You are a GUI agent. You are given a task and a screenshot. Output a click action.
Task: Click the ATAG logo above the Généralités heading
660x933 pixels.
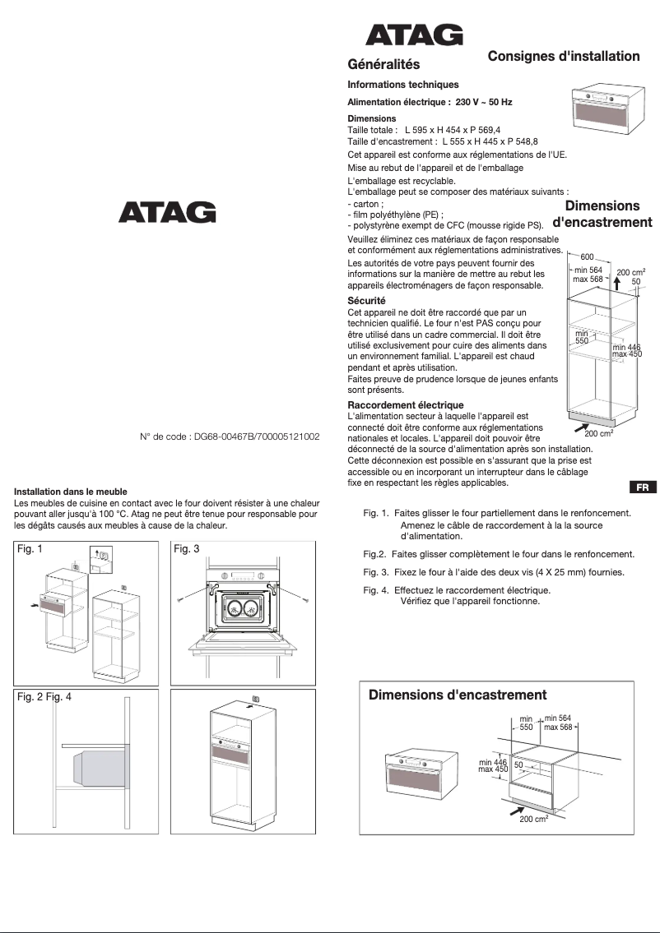coord(414,35)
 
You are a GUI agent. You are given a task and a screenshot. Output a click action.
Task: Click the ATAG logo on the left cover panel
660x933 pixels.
coord(167,212)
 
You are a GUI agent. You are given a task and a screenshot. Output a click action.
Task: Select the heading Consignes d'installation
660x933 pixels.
coord(563,56)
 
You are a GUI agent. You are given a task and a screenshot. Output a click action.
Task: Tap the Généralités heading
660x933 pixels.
coord(383,64)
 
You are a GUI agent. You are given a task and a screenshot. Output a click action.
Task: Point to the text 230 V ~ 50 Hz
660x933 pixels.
coord(484,102)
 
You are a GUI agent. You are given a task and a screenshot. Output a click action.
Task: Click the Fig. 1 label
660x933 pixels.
coord(30,549)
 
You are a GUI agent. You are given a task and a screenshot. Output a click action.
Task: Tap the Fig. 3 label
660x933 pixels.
coord(187,549)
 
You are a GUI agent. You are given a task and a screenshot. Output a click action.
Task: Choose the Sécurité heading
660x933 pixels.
coord(366,301)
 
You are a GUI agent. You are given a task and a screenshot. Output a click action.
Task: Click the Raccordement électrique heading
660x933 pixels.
coord(405,405)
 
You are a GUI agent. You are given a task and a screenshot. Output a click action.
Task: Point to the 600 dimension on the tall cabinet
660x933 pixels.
coord(587,257)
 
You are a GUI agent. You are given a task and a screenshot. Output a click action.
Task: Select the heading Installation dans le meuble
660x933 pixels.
coord(71,492)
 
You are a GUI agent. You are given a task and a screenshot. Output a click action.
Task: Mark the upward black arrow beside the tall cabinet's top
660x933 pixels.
coord(617,283)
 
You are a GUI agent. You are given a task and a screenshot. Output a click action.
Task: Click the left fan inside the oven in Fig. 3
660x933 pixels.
coord(234,608)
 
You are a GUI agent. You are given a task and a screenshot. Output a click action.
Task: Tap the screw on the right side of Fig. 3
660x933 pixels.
coord(305,601)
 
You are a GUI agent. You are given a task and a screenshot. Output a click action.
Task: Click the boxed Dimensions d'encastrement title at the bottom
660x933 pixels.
coord(457,695)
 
